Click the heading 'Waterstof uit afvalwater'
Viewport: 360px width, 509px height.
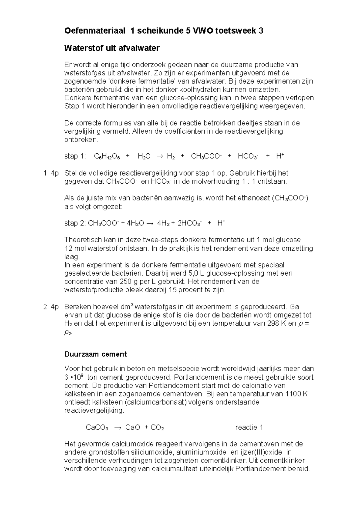tap(112, 48)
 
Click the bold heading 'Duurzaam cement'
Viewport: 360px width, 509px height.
tap(95, 354)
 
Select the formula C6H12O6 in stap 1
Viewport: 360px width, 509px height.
tap(107, 156)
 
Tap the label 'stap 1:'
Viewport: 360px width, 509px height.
tap(75, 156)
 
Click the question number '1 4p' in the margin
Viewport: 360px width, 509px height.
tap(51, 173)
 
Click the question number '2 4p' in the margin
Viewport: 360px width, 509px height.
tap(51, 307)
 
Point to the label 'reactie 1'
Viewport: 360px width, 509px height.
tap(249, 427)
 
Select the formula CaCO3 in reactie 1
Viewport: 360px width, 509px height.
tap(97, 427)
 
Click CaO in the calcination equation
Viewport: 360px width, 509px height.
tap(133, 427)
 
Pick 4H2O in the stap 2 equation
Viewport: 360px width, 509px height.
tap(135, 223)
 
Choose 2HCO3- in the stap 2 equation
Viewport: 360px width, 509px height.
tap(189, 223)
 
